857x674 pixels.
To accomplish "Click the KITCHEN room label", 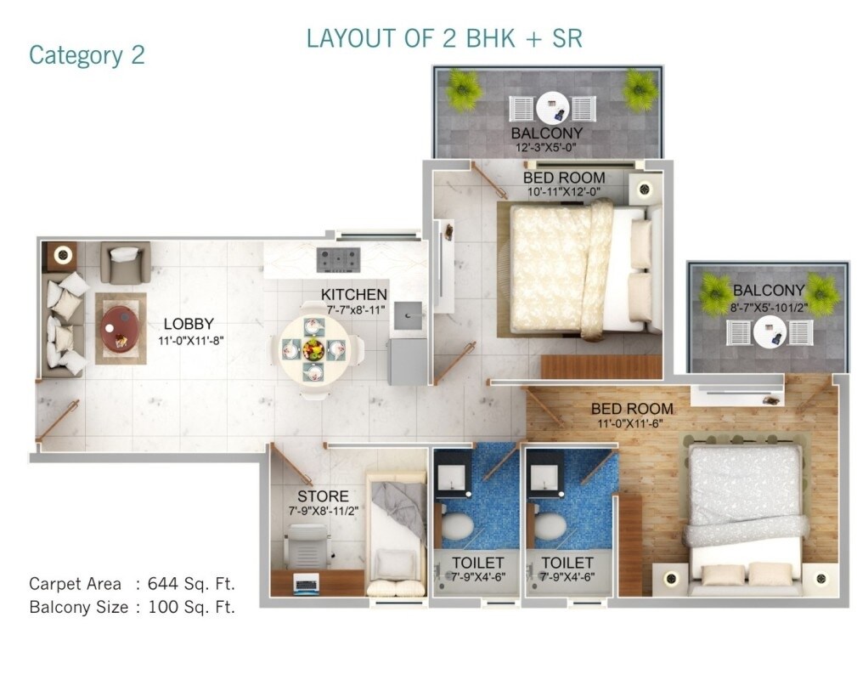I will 353,295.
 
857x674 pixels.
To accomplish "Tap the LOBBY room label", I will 188,324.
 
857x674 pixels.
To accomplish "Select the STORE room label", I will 322,496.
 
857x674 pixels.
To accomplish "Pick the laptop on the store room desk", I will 304,582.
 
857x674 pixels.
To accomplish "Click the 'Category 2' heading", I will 87,55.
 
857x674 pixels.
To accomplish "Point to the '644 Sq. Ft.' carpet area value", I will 191,584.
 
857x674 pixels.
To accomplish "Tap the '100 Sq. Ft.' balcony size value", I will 191,607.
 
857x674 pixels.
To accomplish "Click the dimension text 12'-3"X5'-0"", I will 546,148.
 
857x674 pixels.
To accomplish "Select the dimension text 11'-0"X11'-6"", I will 632,423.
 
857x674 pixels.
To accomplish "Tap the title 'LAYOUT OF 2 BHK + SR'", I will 443,39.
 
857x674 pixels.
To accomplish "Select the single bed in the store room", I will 396,535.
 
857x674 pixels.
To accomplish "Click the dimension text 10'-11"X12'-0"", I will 562,192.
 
